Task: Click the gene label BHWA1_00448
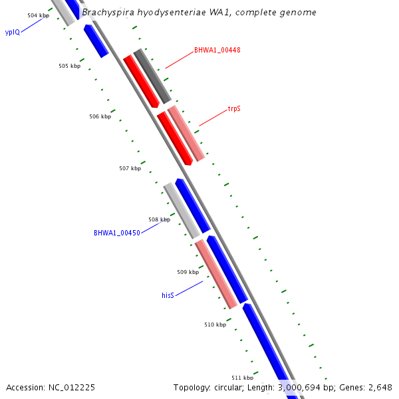[217, 50]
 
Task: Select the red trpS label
[234, 108]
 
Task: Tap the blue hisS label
[168, 295]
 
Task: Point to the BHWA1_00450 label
[116, 233]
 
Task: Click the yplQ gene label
[12, 31]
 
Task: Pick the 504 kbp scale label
[38, 15]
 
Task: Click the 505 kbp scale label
[69, 66]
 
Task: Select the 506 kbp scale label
[100, 116]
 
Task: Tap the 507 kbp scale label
[130, 168]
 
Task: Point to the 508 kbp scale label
[160, 219]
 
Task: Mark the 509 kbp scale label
[188, 272]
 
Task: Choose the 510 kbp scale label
[215, 325]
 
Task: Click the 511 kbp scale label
[242, 378]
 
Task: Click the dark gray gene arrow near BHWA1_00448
[152, 76]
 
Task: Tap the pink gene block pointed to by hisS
[216, 274]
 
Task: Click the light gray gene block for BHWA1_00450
[181, 210]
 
